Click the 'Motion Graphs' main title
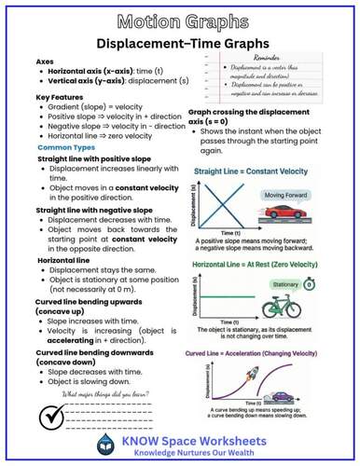pos(179,19)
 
